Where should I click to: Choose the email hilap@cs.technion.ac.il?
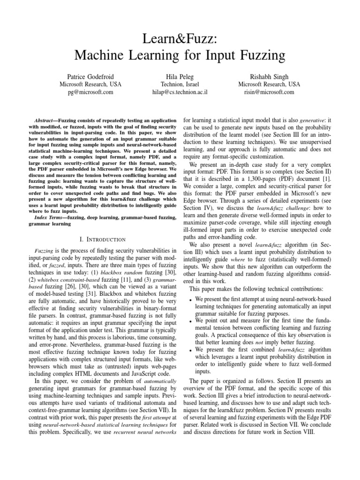[x=180, y=92]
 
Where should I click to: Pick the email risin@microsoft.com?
[x=269, y=92]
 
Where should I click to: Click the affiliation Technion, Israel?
[x=180, y=84]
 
